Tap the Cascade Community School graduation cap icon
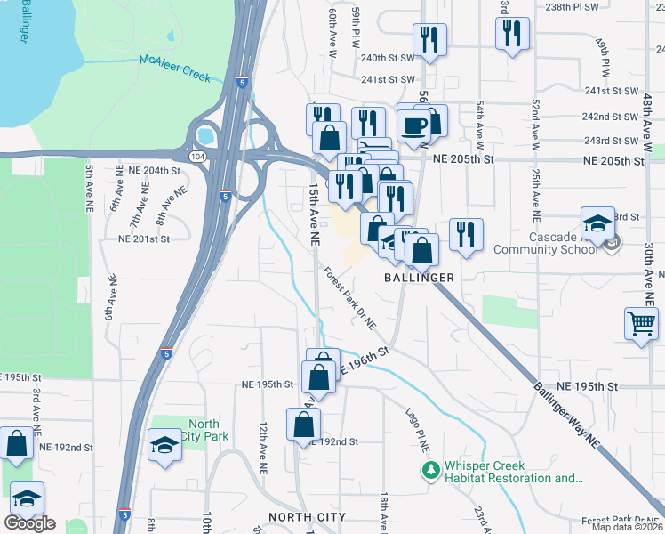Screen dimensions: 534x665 597,222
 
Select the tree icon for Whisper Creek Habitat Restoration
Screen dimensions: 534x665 430,469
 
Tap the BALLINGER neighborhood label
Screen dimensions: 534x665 419,278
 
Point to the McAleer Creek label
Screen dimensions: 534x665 174,69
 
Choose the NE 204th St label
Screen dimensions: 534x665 154,170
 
